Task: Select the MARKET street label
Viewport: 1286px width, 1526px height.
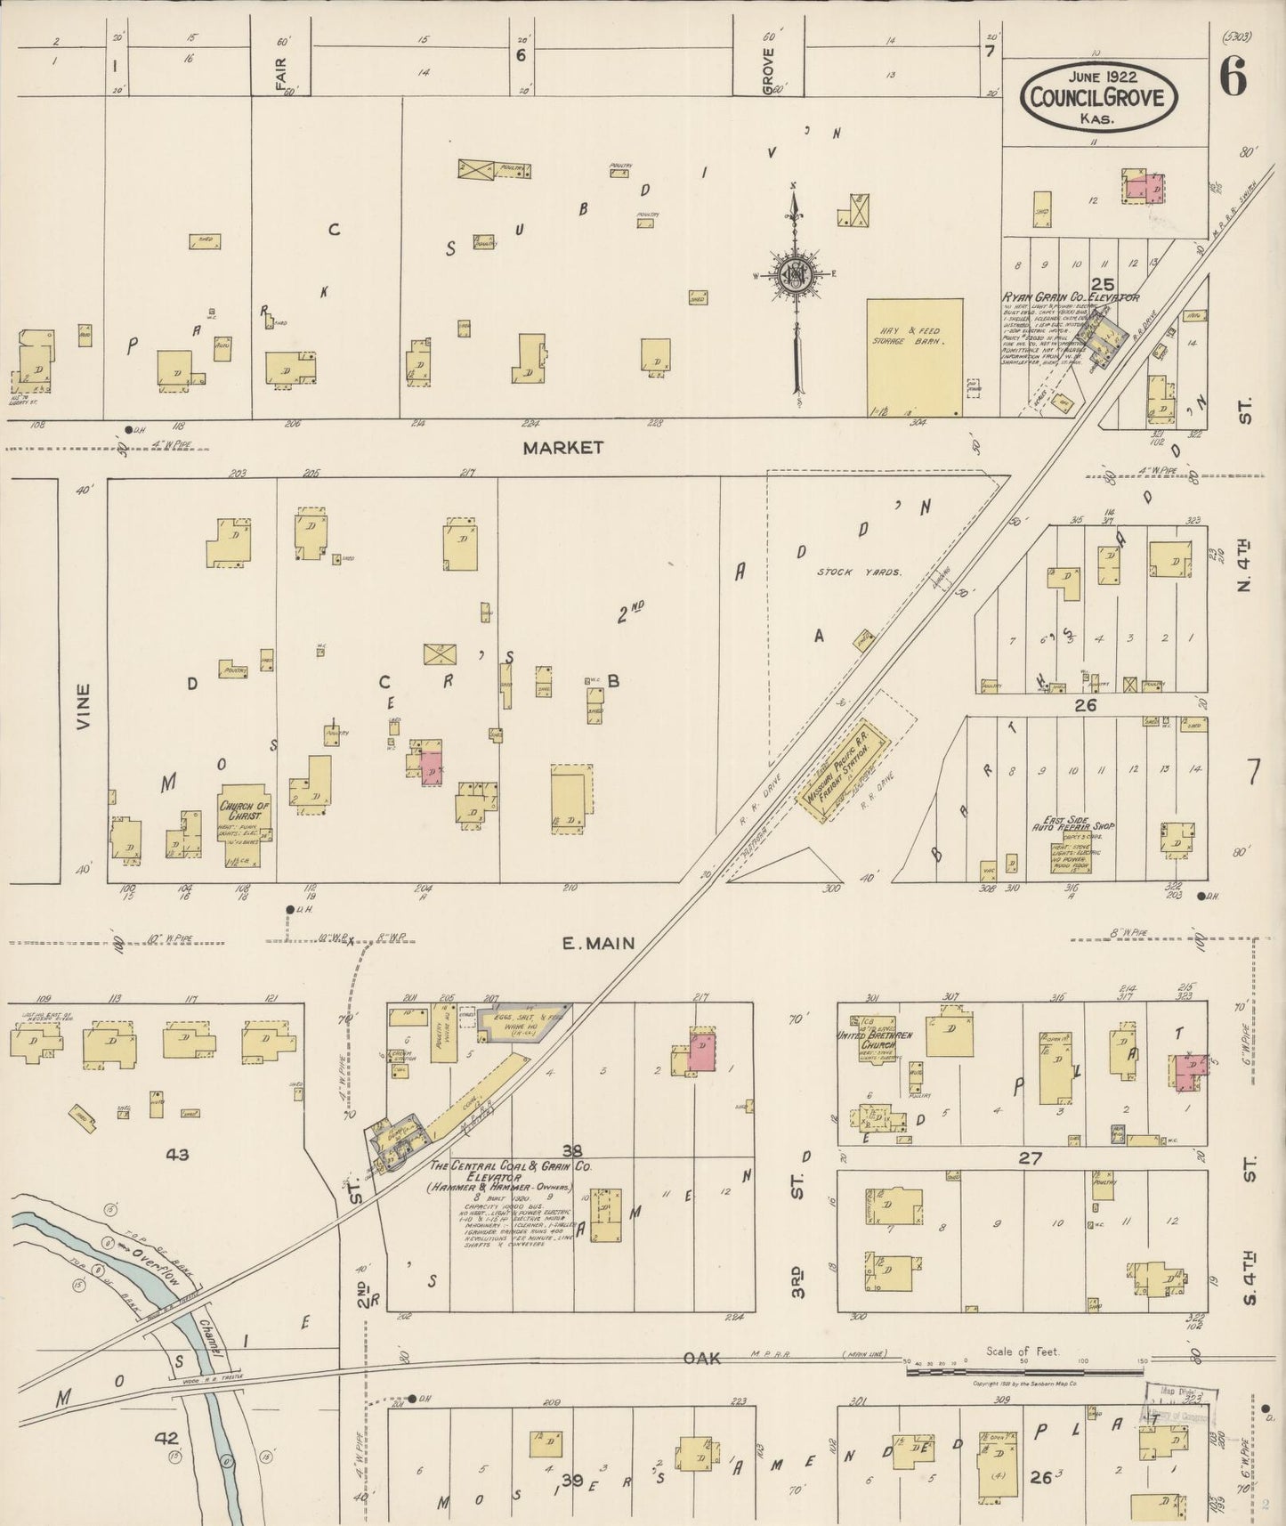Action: (x=562, y=448)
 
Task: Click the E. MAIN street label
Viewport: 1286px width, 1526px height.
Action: (x=598, y=943)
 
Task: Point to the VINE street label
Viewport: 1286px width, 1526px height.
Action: (x=84, y=706)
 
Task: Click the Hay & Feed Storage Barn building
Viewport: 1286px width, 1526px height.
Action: (x=915, y=356)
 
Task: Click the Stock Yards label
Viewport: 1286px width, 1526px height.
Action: (x=860, y=572)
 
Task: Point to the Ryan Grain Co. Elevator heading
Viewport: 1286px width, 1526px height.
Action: (x=1071, y=296)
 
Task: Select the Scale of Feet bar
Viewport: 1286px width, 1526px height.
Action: (x=1026, y=1372)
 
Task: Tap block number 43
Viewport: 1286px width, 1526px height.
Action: (x=177, y=1155)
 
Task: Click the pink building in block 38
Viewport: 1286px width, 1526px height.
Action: (x=700, y=1051)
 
